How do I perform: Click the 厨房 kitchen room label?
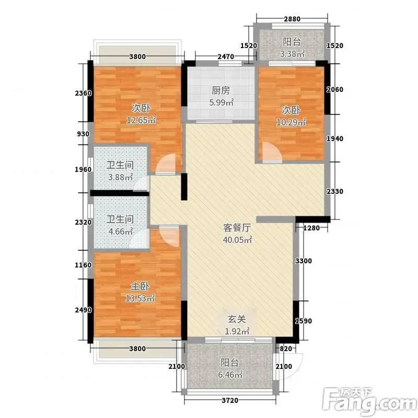pyautogui.click(x=220, y=90)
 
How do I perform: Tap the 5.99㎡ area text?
pyautogui.click(x=222, y=102)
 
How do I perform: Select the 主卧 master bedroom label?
pyautogui.click(x=140, y=286)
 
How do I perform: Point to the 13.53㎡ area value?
pyautogui.click(x=140, y=298)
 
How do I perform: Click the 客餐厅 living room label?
pyautogui.click(x=237, y=228)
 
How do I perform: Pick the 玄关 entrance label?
pyautogui.click(x=237, y=319)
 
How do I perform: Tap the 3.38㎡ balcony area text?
pyautogui.click(x=292, y=54)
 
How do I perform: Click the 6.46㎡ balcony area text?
pyautogui.click(x=230, y=375)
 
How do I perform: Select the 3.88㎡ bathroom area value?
pyautogui.click(x=121, y=177)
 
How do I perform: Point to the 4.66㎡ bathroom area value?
pyautogui.click(x=121, y=231)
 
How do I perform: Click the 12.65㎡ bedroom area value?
pyautogui.click(x=141, y=120)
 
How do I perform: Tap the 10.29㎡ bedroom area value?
pyautogui.click(x=291, y=122)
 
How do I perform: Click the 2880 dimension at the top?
pyautogui.click(x=292, y=19)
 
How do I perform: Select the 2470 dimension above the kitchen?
pyautogui.click(x=226, y=56)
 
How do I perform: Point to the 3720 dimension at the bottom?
pyautogui.click(x=230, y=400)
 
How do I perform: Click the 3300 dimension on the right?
pyautogui.click(x=304, y=261)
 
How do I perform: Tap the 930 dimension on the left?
pyautogui.click(x=83, y=134)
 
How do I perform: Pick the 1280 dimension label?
pyautogui.click(x=311, y=228)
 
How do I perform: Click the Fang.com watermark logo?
pyautogui.click(x=370, y=401)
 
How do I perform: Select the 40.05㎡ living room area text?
pyautogui.click(x=237, y=240)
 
